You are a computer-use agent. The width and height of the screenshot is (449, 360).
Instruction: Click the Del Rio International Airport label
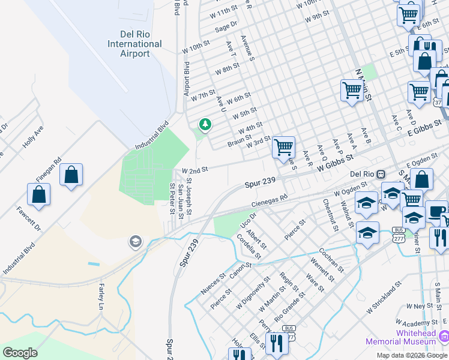134,44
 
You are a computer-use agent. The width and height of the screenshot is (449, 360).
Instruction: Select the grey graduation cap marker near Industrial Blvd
136,242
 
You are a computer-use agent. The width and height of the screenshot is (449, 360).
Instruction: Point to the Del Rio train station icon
381,174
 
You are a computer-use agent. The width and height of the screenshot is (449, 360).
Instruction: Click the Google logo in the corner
20,352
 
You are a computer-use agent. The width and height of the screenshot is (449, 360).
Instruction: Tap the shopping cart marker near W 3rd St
283,146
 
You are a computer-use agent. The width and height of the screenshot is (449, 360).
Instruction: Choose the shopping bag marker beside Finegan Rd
71,175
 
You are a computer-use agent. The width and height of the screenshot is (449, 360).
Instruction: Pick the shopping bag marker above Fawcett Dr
38,195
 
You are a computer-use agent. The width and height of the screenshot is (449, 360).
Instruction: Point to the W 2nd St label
195,170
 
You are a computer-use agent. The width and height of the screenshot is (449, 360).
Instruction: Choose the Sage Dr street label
226,26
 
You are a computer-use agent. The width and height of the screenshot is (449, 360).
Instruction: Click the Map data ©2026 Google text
411,355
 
